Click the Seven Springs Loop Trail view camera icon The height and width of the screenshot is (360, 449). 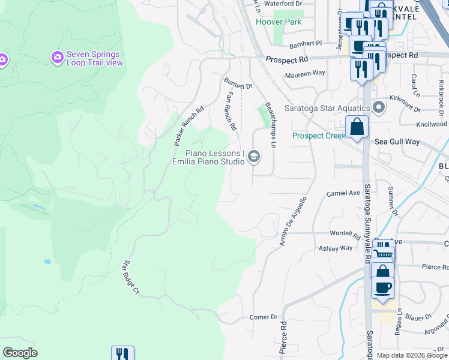pyautogui.click(x=58, y=58)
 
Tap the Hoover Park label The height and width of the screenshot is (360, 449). pyautogui.click(x=278, y=22)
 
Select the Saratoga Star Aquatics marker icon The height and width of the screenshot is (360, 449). pyautogui.click(x=378, y=107)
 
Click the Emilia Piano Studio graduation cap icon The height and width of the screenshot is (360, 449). pyautogui.click(x=254, y=156)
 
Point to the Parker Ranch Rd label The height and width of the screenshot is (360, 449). pyautogui.click(x=189, y=127)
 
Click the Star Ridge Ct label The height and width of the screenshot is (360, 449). pyautogui.click(x=131, y=277)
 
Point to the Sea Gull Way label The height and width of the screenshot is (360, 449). pyautogui.click(x=396, y=142)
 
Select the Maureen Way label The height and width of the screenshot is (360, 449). pyautogui.click(x=305, y=73)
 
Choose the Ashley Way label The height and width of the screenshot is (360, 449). pyautogui.click(x=336, y=248)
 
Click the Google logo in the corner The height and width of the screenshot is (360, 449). pyautogui.click(x=20, y=353)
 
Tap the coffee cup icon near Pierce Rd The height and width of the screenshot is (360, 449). pyautogui.click(x=382, y=286)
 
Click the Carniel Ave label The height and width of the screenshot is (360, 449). pyautogui.click(x=342, y=193)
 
